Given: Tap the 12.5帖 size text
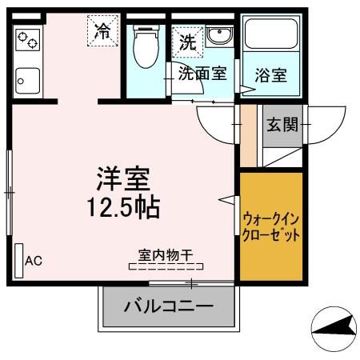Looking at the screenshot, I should coord(123,206).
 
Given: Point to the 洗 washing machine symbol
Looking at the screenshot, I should coord(187,42).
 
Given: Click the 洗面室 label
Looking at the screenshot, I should coord(202,75).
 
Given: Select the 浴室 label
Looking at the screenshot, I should coord(272,76).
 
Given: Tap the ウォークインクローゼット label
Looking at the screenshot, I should coord(271,226).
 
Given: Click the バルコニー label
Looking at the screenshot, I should coord(168,306).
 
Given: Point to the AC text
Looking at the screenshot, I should coord(34,260).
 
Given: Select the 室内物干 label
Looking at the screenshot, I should coord(166,256).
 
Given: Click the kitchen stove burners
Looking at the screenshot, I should coord(30,42).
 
